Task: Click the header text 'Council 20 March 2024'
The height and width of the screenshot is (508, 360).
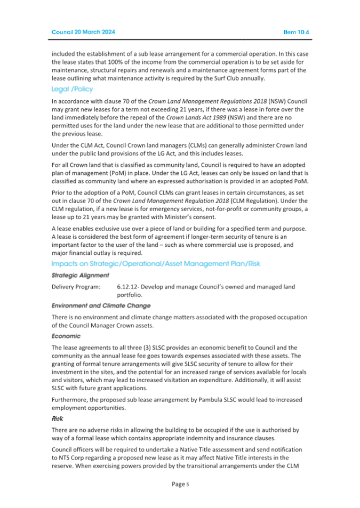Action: click(x=83, y=32)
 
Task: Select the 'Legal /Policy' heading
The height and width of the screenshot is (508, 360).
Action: click(x=71, y=89)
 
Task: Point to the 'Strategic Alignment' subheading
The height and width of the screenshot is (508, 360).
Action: click(x=80, y=276)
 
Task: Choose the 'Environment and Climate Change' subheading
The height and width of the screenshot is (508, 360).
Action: click(x=101, y=306)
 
